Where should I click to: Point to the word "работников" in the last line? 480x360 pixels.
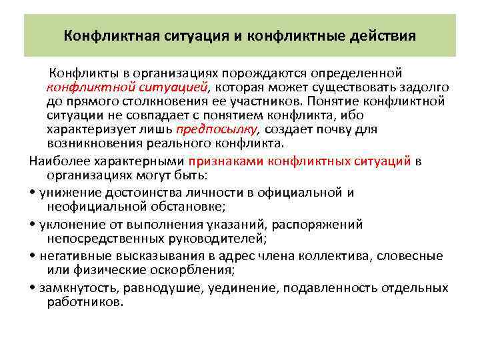83,302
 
